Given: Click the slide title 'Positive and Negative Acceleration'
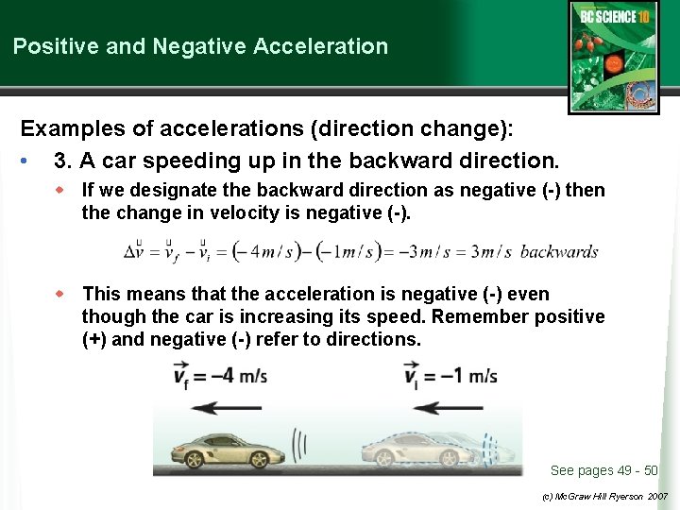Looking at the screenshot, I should (200, 45).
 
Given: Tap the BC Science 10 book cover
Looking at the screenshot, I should (613, 57).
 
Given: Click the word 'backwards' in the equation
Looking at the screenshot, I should (559, 252).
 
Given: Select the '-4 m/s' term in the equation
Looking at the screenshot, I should (273, 252).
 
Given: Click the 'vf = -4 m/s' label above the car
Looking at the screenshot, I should (221, 375).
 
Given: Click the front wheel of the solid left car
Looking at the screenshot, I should (195, 459).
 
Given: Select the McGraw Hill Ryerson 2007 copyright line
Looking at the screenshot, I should (604, 495).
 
